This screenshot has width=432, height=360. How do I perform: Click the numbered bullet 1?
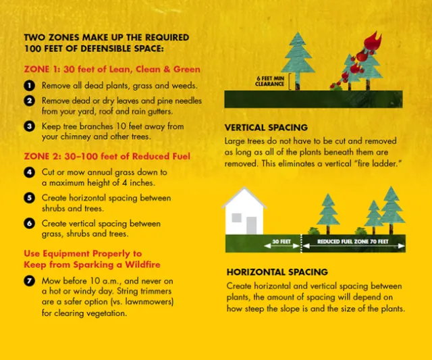tap(30, 86)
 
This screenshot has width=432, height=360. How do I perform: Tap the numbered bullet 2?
tap(30, 101)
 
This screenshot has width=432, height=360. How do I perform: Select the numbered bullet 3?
tap(30, 126)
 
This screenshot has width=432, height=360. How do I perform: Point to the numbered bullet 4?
tap(30, 172)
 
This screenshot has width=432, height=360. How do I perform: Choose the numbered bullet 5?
tap(30, 198)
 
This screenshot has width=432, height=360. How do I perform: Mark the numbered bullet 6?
tap(30, 223)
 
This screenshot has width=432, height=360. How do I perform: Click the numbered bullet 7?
tap(30, 280)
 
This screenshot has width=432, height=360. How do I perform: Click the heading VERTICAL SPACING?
tap(266, 128)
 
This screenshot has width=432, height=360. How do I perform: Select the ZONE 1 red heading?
tap(112, 70)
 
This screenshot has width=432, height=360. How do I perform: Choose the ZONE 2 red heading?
tap(107, 156)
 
